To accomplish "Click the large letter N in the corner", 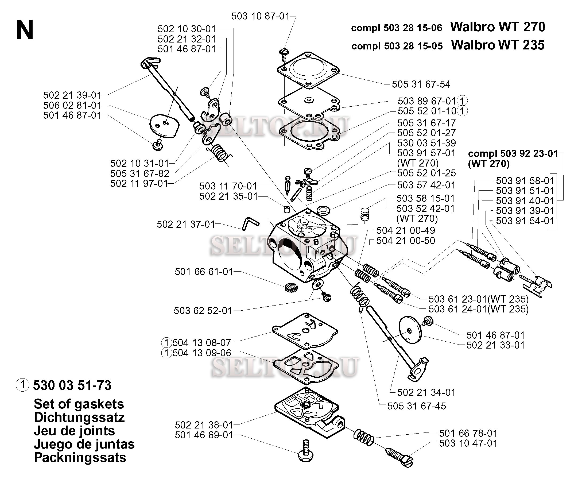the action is (25, 30).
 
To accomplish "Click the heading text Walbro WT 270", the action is (498, 27).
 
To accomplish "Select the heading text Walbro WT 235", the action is (498, 45).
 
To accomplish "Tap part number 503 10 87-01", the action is (260, 16).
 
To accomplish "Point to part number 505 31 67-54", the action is (421, 84).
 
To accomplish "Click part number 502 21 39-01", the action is (72, 95).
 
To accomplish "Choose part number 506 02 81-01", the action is (72, 105).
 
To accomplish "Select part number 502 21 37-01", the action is (186, 224).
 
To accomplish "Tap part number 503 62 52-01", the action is (203, 311).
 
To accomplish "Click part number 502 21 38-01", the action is (204, 425).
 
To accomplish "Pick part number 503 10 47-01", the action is (468, 443).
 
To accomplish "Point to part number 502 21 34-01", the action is (426, 392).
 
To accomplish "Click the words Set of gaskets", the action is (79, 404).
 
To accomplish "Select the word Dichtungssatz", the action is (79, 417).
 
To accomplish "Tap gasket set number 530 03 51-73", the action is (72, 385).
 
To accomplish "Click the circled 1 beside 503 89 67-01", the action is (462, 101).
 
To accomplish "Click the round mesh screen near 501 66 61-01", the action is (291, 288).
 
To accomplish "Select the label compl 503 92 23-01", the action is (513, 153).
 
